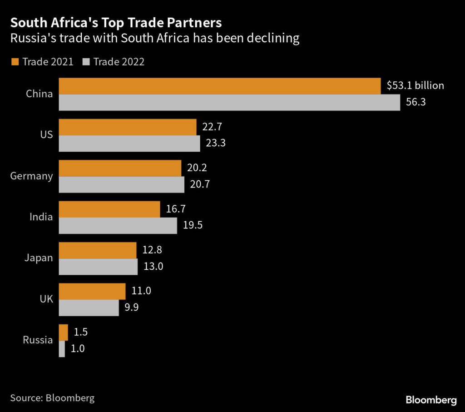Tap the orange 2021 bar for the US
[x=128, y=127]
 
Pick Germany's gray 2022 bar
[x=122, y=184]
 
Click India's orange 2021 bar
[x=109, y=209]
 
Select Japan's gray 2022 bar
[x=98, y=267]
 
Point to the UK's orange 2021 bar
[x=92, y=291]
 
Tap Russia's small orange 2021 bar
[x=64, y=332]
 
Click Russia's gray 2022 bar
[x=62, y=348]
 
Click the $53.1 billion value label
[x=415, y=85]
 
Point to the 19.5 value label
[x=192, y=226]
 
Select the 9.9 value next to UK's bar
[x=132, y=308]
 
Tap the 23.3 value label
[x=215, y=144]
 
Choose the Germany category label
[x=31, y=176]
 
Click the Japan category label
[x=39, y=258]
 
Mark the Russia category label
[x=38, y=340]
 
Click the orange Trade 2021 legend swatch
[x=15, y=62]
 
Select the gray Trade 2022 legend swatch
[x=86, y=62]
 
